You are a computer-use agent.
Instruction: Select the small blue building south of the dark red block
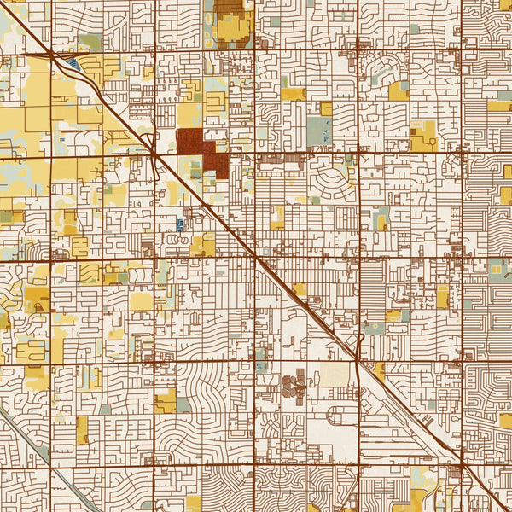tap(180, 224)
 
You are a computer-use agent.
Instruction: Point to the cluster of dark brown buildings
tap(295, 387)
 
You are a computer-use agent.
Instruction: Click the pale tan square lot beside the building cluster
tap(337, 375)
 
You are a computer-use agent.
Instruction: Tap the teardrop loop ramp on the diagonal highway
tap(361, 341)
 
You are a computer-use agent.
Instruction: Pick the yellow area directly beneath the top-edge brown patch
tap(231, 31)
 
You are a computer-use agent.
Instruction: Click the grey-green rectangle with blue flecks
tap(318, 131)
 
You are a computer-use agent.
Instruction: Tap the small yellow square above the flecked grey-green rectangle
tap(326, 108)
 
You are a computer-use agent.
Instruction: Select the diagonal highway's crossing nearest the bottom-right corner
tap(462, 464)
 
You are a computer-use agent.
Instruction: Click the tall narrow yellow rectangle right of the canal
tap(82, 430)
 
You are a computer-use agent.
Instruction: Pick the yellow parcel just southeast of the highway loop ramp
tap(378, 369)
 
